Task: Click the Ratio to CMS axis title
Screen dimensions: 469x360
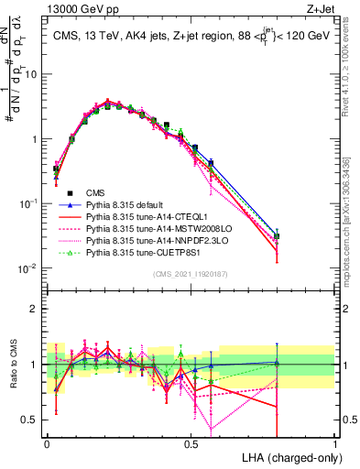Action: tap(12, 365)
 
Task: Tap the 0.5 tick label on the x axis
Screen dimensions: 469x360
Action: tap(191, 442)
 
